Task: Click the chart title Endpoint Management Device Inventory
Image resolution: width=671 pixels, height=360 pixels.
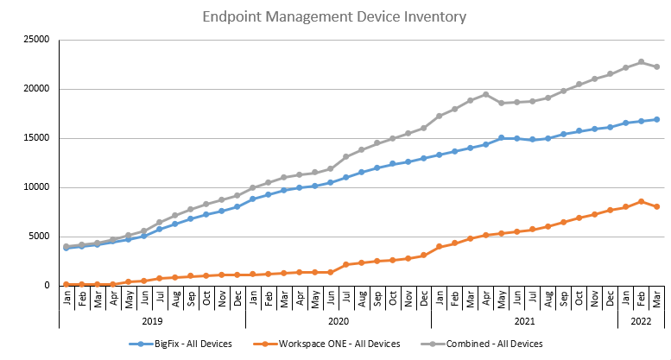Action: (335, 16)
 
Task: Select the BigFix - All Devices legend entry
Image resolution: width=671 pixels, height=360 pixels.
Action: (186, 344)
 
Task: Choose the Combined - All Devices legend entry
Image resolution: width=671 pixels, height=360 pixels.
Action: (487, 344)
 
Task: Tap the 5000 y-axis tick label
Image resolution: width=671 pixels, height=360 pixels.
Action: (39, 237)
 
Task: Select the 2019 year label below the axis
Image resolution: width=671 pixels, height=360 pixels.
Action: (152, 319)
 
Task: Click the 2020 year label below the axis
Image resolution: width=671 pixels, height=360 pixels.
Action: (339, 319)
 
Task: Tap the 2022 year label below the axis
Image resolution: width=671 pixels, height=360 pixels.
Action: (642, 319)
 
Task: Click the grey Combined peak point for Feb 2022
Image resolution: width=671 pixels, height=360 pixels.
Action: (641, 62)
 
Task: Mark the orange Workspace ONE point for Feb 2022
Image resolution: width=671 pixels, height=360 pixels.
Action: (641, 201)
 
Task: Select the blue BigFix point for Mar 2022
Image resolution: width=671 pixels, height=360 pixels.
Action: (656, 119)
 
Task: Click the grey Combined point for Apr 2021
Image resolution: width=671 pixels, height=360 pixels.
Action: (485, 94)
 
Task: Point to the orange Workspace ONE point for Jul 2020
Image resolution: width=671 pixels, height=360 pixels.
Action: (346, 264)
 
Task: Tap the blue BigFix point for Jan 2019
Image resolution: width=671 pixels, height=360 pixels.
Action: (66, 248)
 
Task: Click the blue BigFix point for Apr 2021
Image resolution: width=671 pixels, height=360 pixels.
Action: (485, 144)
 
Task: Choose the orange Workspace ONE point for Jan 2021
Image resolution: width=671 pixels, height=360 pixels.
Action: (439, 247)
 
